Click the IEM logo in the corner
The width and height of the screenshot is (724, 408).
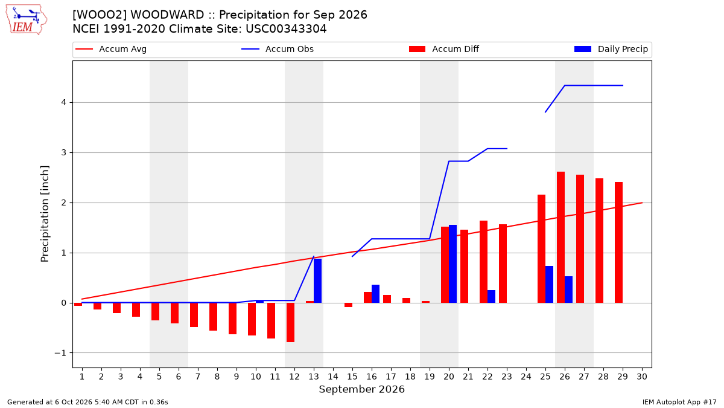pos(27,20)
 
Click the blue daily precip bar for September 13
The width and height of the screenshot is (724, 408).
pos(318,280)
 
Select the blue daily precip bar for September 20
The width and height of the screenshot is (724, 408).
pos(453,264)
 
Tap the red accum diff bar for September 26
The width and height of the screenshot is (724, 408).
pos(560,238)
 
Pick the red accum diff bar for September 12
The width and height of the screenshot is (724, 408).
pos(291,323)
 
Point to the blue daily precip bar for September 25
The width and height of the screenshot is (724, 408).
pos(549,285)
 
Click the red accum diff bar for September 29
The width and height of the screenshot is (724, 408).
pos(618,242)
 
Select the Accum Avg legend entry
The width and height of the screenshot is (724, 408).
pos(111,49)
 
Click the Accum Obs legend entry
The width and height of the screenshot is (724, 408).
pos(278,49)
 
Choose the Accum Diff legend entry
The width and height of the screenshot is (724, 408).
pos(444,49)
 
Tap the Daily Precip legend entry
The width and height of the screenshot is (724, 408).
pos(611,49)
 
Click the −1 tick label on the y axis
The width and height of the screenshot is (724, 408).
pos(60,353)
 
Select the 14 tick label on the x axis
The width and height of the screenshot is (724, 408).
pos(333,377)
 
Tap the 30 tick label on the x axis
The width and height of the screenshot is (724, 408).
pos(642,377)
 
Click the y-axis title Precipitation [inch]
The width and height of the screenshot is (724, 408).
pos(45,214)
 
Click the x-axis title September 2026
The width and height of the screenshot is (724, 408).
pos(361,389)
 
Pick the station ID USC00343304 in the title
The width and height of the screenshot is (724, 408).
pos(286,29)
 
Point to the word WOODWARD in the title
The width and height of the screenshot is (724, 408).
pos(167,15)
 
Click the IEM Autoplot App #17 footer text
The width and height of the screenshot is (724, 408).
pos(679,402)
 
